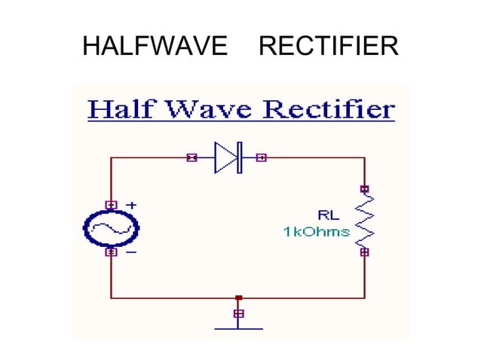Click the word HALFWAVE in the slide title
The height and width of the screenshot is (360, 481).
(x=155, y=47)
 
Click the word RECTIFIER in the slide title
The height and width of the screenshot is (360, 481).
(x=328, y=47)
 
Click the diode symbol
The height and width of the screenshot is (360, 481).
(x=227, y=158)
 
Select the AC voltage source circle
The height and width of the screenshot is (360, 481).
(x=111, y=228)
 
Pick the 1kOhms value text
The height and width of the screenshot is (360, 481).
(x=317, y=232)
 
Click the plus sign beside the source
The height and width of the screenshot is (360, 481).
(x=130, y=204)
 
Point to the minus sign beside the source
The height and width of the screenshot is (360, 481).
(x=130, y=252)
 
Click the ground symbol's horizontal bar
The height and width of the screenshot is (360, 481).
(x=238, y=328)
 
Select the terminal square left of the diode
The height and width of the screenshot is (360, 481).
(x=191, y=158)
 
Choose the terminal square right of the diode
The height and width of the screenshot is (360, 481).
(x=262, y=158)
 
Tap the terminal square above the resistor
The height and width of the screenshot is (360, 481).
(x=365, y=189)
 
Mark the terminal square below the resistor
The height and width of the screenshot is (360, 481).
(x=365, y=252)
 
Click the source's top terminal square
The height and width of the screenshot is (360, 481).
(x=111, y=204)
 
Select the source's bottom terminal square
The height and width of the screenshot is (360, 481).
(x=111, y=252)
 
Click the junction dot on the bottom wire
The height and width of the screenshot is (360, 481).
(x=238, y=298)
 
